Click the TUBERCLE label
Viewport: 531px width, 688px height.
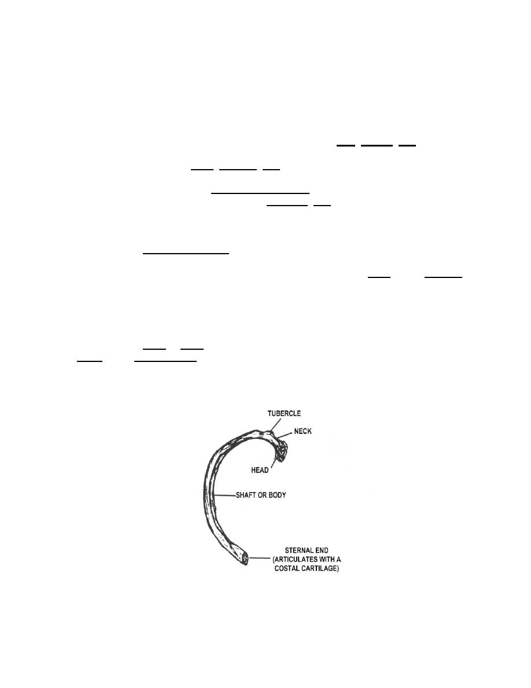[x=285, y=413]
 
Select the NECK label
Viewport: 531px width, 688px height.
[x=303, y=431]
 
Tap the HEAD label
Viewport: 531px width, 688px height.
[x=260, y=470]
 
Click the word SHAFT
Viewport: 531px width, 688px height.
[x=246, y=495]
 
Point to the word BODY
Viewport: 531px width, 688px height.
[x=277, y=495]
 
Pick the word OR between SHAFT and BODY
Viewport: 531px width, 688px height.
[x=263, y=495]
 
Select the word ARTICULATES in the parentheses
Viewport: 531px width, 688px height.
[x=296, y=559]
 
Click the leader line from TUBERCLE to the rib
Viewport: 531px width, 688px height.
[x=275, y=424]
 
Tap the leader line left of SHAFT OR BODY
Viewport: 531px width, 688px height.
[x=224, y=496]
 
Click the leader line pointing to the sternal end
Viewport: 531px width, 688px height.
[x=259, y=558]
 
